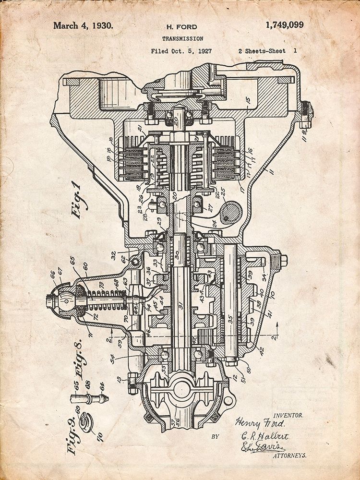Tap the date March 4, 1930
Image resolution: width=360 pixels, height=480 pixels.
tap(84, 25)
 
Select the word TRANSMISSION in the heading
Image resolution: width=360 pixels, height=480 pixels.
tap(182, 38)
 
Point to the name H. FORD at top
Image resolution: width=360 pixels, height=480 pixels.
tap(181, 27)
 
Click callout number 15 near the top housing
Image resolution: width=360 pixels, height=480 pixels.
tap(247, 100)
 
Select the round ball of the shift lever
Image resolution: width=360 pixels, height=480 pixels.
tap(66, 301)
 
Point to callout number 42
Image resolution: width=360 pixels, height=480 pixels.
tap(261, 351)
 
